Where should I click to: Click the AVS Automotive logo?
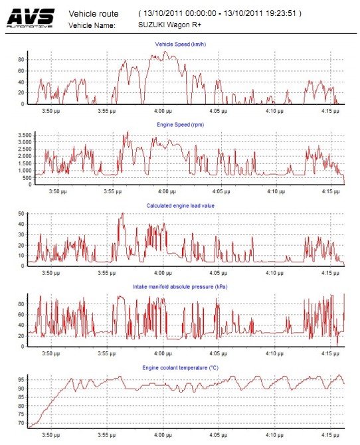tap(31, 18)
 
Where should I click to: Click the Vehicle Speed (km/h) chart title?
tap(180, 44)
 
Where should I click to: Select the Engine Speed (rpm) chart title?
tap(180, 125)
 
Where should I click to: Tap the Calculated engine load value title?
tap(180, 206)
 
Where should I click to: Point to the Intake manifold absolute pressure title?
tap(180, 287)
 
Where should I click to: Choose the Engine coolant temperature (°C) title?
tap(180, 368)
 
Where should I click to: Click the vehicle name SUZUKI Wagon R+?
tap(170, 25)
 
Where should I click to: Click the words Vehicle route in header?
tap(94, 14)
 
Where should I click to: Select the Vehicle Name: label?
tap(92, 25)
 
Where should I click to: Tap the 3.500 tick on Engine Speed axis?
tap(25, 135)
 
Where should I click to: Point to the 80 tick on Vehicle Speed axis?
tap(21, 60)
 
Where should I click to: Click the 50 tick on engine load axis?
tap(21, 214)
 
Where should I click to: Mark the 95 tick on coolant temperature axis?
tap(21, 380)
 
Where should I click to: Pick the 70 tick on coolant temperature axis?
tap(21, 423)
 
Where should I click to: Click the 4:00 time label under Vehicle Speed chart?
tap(163, 111)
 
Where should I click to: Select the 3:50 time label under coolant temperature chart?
tap(51, 435)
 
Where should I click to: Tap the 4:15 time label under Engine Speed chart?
tap(331, 191)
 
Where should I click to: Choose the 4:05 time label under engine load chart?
tap(219, 273)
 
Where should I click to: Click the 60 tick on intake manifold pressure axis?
tap(21, 314)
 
